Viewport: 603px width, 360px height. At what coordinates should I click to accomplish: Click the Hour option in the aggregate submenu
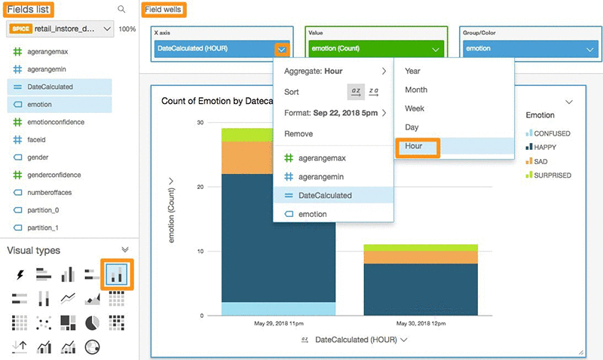(x=414, y=145)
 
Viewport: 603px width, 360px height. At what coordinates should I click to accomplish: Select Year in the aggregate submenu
(x=412, y=71)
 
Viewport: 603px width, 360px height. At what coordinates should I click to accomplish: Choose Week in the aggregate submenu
(x=415, y=108)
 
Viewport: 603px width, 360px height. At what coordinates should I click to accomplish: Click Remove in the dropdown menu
(x=298, y=133)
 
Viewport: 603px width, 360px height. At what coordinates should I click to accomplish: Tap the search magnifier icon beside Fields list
(x=121, y=9)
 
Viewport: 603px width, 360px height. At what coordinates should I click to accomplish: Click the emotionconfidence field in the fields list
(x=55, y=122)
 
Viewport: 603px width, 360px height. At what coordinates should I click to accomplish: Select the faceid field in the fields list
(x=38, y=140)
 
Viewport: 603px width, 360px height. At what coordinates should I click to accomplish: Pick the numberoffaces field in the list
(x=49, y=193)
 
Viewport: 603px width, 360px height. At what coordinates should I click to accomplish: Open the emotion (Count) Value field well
(x=375, y=49)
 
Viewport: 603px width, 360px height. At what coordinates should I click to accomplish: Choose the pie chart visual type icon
(x=93, y=322)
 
